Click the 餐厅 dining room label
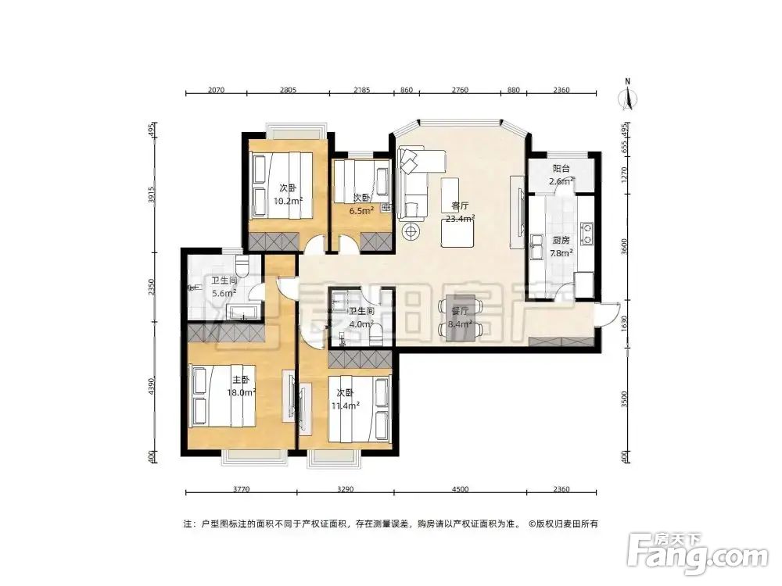[x=460, y=310]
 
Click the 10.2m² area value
[x=288, y=200]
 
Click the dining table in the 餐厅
[x=460, y=318]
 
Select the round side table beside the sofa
[x=411, y=231]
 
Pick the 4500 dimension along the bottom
[x=460, y=489]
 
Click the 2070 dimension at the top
[x=217, y=91]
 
